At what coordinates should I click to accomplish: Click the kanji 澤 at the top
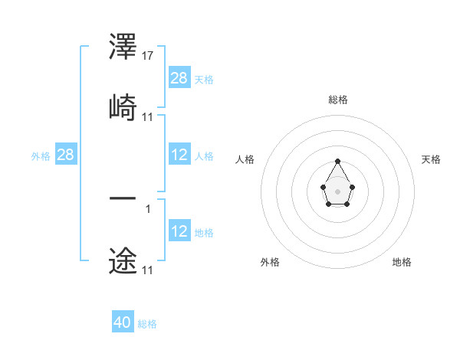tap(123, 47)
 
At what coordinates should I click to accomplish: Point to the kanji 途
tap(123, 260)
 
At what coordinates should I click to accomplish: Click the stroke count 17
tap(148, 56)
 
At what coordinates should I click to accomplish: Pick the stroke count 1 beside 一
tap(147, 208)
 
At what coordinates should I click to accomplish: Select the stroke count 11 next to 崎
tap(148, 116)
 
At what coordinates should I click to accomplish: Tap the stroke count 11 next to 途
tap(148, 270)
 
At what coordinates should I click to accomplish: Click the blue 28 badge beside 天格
tap(179, 78)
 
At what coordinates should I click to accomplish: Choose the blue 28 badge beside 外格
tap(66, 155)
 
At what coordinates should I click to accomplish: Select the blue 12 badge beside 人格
tap(179, 155)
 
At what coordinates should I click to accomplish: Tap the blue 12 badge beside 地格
tap(179, 231)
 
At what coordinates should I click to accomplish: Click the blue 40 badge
tap(123, 322)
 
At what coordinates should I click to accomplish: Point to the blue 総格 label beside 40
tap(147, 324)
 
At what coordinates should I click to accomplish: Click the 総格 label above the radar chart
tap(337, 100)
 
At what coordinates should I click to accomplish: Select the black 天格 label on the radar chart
tap(431, 159)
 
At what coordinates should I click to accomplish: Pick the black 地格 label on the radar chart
tap(402, 262)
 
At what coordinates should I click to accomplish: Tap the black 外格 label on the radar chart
tap(270, 262)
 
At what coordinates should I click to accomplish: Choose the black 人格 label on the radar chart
tap(245, 159)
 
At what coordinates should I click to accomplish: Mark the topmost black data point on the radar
tap(337, 161)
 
